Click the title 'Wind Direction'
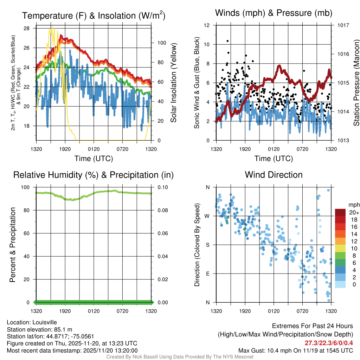tap(274, 175)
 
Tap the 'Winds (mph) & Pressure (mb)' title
tap(274, 13)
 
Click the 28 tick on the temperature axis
tap(26, 28)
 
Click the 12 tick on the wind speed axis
tap(207, 25)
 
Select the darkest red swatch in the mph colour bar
tap(340, 212)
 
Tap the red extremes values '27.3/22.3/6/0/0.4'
tap(329, 343)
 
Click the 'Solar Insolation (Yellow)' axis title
tap(173, 83)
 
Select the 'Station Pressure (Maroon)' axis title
tap(356, 83)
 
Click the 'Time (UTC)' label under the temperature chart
tap(94, 159)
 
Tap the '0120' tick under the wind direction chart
tap(274, 311)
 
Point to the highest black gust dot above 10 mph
tap(227, 41)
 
